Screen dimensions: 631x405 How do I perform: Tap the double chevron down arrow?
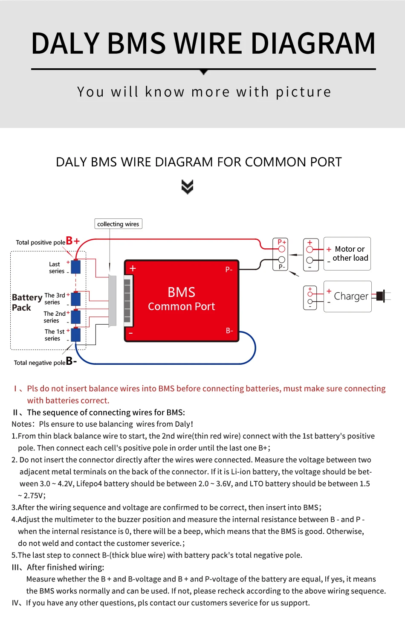coord(187,186)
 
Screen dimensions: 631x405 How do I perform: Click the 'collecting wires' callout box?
coord(118,224)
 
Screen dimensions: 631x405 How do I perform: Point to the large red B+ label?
coord(72,241)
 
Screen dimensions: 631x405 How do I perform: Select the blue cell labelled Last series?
coord(76,267)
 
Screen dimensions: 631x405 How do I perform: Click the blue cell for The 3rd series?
coord(76,299)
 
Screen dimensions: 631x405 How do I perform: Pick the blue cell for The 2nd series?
coord(76,317)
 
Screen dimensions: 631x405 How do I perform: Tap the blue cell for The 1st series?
coord(76,335)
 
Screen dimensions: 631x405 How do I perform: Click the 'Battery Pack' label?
coord(26,302)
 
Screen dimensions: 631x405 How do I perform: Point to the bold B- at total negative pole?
coord(71,361)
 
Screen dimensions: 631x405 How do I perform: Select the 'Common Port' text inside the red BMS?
coord(181,306)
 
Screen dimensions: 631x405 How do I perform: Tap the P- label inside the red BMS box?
coord(229,269)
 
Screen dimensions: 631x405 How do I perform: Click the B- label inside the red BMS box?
coord(229,331)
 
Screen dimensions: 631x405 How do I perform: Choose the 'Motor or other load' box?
coord(347,254)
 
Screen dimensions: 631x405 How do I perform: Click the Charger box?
coord(347,297)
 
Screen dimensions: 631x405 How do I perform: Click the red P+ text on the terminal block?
coord(281,242)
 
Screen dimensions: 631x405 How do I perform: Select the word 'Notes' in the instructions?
coord(22,424)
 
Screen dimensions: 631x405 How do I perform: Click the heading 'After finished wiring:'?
coord(65,567)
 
